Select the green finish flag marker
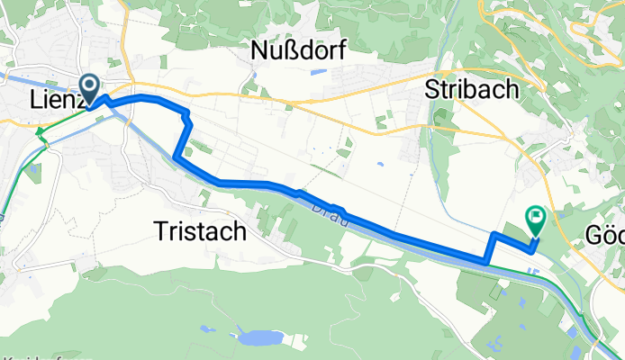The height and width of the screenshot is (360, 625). tap(537, 217)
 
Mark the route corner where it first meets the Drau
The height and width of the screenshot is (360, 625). tap(175, 158)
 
